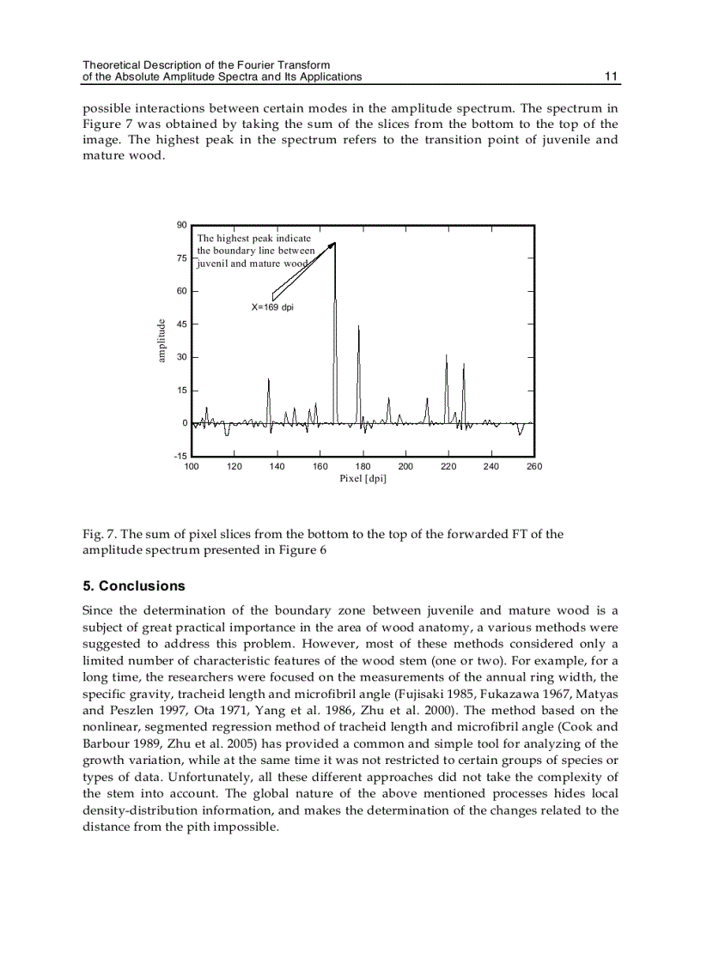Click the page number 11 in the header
(x=611, y=76)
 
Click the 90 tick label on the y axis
(x=181, y=225)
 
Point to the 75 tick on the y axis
(x=181, y=258)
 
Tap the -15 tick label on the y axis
(x=180, y=456)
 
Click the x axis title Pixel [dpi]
(x=363, y=478)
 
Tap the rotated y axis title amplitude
(x=161, y=341)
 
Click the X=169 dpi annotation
(x=272, y=306)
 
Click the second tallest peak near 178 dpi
(x=358, y=326)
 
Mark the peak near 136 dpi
(x=269, y=379)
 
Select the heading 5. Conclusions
(x=133, y=586)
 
